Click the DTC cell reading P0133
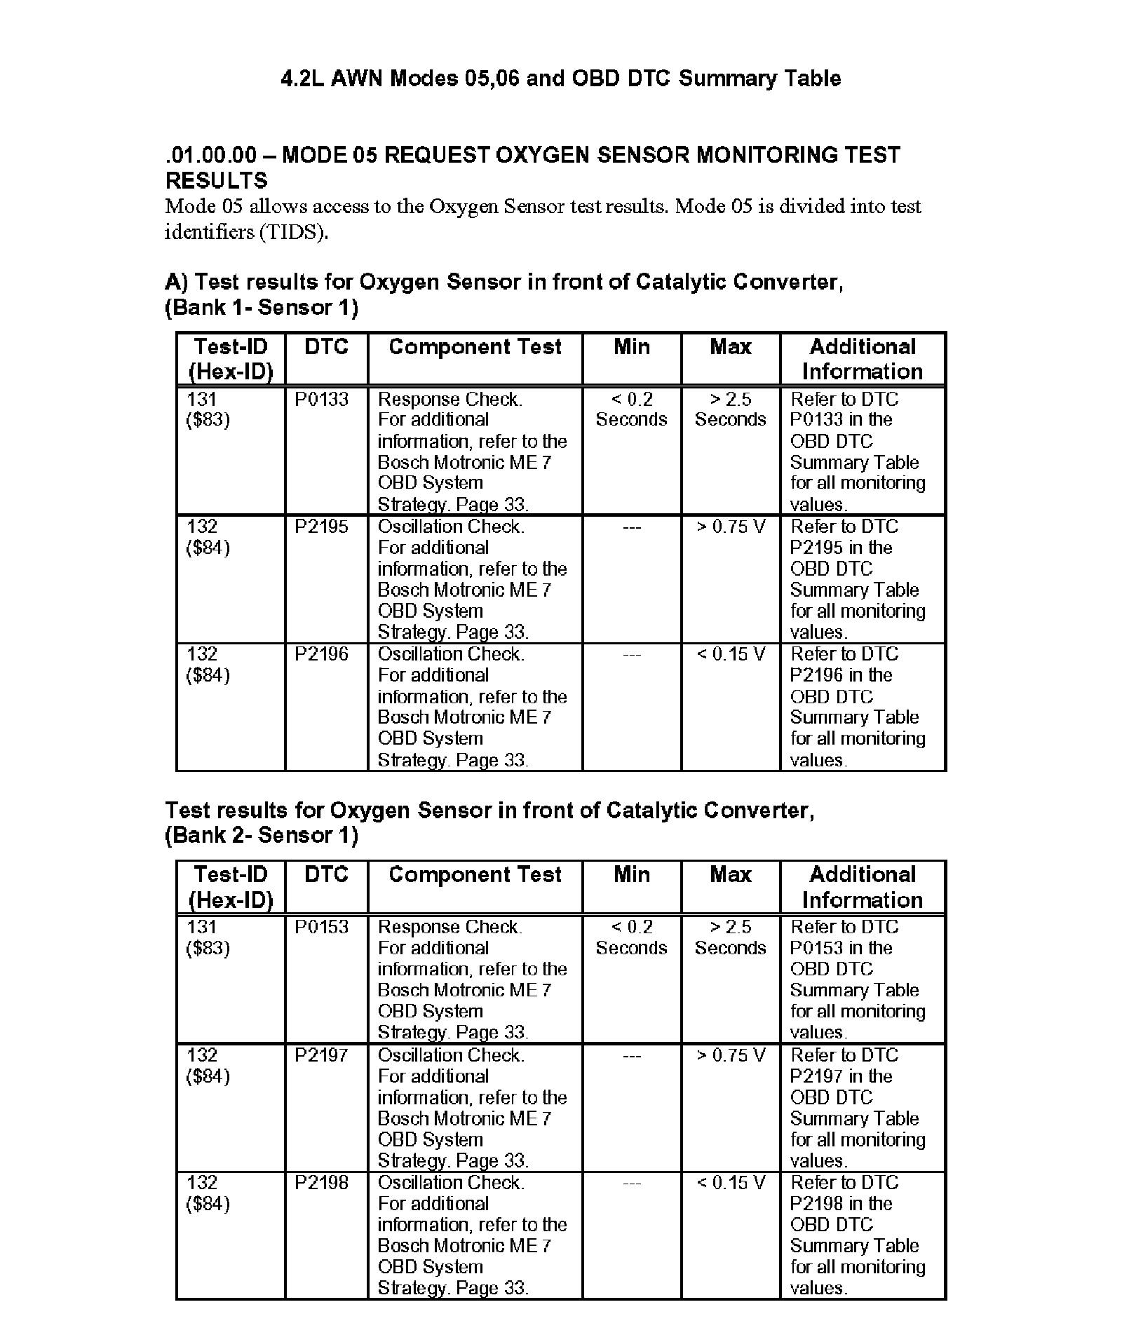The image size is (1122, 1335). tap(321, 400)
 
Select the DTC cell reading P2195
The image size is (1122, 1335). tap(321, 527)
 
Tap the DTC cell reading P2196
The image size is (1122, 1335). tap(321, 655)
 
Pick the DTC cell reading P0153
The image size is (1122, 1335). tap(321, 927)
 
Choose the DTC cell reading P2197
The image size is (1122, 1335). tap(321, 1055)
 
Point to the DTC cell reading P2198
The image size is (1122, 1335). tap(321, 1183)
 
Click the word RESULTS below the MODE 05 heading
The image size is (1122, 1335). tap(217, 181)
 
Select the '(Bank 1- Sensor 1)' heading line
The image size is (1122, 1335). tap(262, 307)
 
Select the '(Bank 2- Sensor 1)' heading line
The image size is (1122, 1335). tap(262, 835)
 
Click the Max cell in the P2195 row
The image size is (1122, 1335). tap(731, 527)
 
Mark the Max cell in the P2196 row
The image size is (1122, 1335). tap(731, 655)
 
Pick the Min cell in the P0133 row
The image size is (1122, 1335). tap(631, 409)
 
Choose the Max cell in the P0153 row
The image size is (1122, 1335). tap(731, 937)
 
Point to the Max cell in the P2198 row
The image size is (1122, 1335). tap(731, 1183)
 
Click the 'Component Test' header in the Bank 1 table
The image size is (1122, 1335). tap(475, 347)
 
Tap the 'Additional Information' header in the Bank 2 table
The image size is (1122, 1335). tap(863, 887)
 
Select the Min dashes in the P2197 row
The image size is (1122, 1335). tap(631, 1055)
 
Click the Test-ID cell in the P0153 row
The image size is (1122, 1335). tap(208, 937)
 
